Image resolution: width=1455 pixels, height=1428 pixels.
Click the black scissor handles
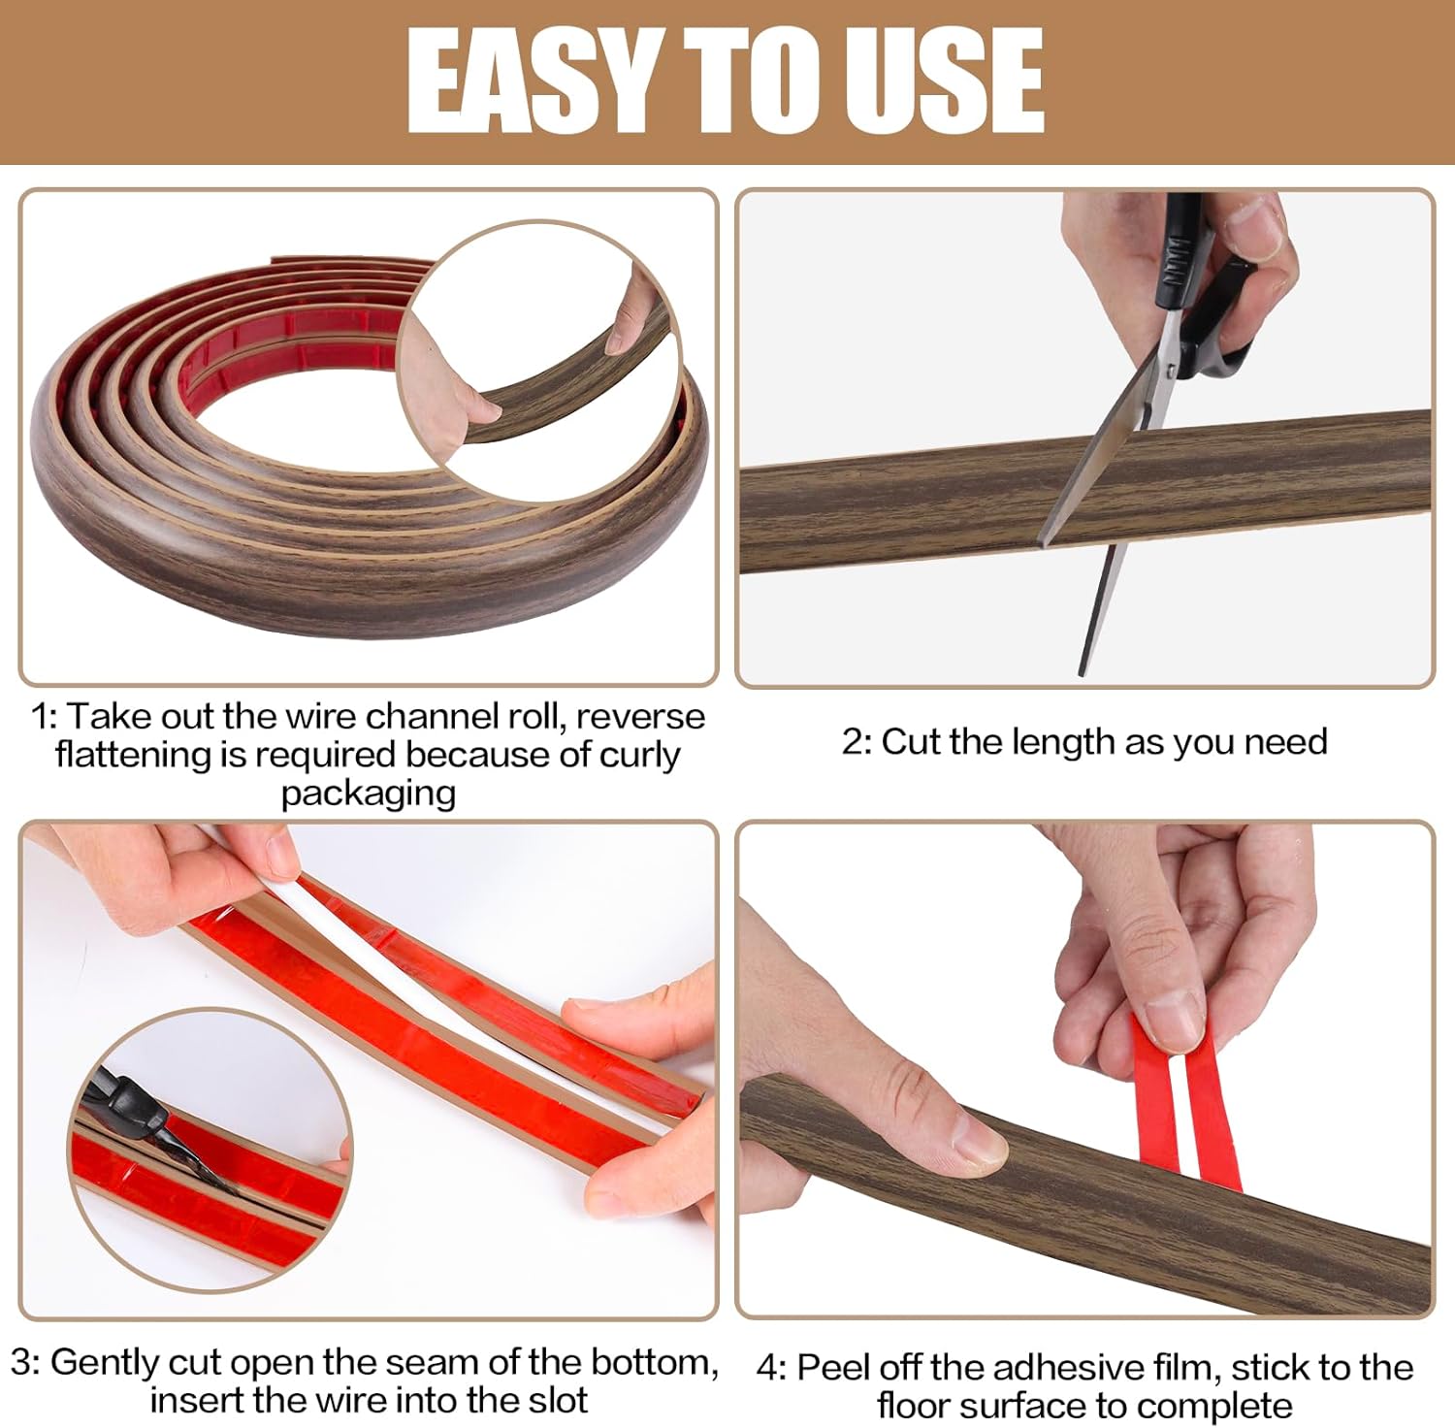[x=1203, y=281]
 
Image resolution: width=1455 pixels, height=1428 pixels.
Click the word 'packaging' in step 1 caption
[x=369, y=795]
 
